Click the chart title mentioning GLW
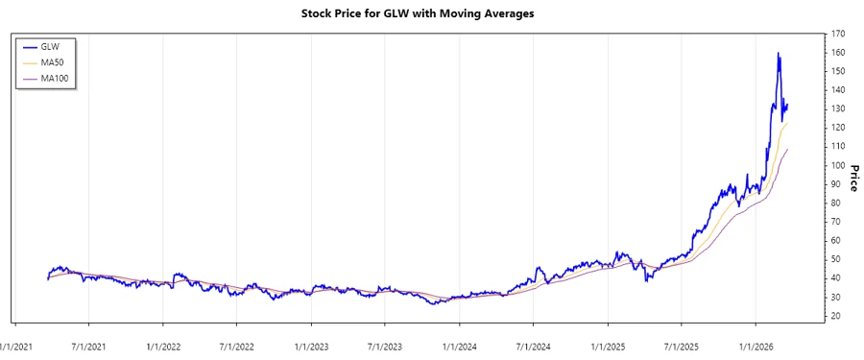coord(432,14)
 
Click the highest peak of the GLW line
coord(778,53)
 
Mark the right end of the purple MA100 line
coord(787,150)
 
